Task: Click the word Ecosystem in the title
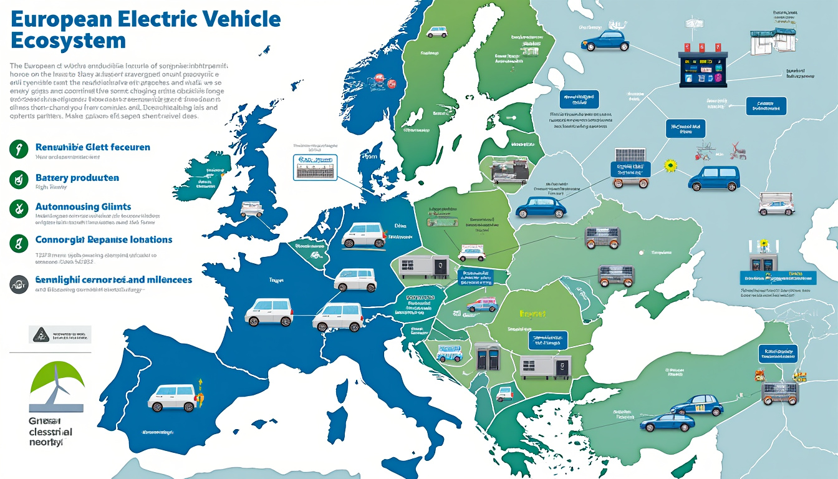[69, 41]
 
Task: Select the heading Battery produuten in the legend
[77, 178]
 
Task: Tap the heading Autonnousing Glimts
[83, 206]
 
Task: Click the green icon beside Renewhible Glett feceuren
[19, 148]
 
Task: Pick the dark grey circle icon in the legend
[19, 284]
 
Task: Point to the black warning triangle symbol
[41, 334]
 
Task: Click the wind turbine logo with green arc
[57, 385]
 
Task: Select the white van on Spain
[172, 397]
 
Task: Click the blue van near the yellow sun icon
[714, 178]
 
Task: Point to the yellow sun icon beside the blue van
[671, 166]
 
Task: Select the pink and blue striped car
[481, 304]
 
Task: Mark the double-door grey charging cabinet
[488, 357]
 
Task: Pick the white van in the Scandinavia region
[436, 31]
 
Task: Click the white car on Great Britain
[251, 210]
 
